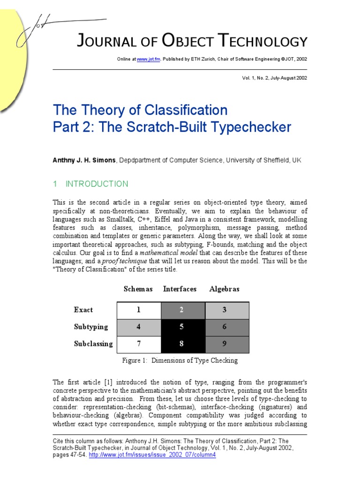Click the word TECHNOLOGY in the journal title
coord(265,42)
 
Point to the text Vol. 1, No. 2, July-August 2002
coord(272,78)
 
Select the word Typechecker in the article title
coord(248,127)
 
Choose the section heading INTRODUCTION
coord(97,184)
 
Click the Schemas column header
coord(138,289)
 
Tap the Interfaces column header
coord(180,289)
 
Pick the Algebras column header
coord(224,289)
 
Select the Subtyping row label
coord(90,327)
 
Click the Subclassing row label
coord(93,344)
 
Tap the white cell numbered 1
coord(138,310)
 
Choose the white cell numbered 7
coord(138,344)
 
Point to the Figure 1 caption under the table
coord(180,360)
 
